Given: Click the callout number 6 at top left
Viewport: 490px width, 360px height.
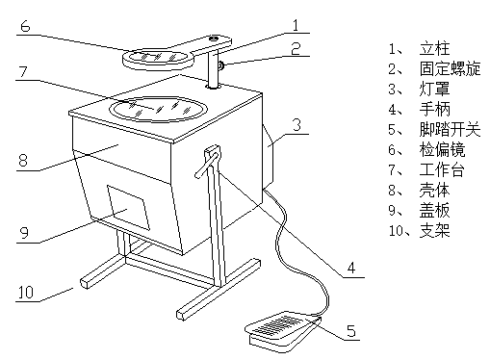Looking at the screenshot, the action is [x=25, y=26].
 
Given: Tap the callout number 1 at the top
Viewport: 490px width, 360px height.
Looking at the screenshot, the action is [x=296, y=25].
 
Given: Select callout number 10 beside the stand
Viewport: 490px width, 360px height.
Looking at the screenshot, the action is [x=25, y=293].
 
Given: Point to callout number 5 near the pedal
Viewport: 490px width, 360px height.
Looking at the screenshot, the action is [x=351, y=331].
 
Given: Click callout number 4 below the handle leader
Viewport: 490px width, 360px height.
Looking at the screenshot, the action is [x=351, y=268].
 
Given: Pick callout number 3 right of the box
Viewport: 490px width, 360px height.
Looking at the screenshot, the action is [x=297, y=124].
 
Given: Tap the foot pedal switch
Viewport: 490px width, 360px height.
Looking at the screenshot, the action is [x=284, y=330].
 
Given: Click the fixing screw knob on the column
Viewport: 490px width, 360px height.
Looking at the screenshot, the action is [x=220, y=65].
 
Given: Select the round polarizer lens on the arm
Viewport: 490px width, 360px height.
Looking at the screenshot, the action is [x=158, y=59].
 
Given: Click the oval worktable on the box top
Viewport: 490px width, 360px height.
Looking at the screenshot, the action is [x=158, y=109].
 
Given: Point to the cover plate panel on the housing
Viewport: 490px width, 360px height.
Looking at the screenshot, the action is [x=128, y=207].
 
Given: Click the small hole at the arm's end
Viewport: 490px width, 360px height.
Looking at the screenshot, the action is [x=214, y=39].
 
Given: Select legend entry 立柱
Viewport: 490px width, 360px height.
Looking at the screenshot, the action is [x=435, y=48].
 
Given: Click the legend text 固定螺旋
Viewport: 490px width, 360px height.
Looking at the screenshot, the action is [x=451, y=68].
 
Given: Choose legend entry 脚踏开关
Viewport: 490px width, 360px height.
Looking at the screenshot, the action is [x=451, y=129].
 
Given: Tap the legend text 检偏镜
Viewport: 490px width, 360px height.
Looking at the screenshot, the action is [x=442, y=149].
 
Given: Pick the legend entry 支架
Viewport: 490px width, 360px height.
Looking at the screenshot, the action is [x=435, y=230].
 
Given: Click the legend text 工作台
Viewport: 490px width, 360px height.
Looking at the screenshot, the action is [x=442, y=169].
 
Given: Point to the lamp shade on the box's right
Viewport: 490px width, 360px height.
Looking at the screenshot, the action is [x=269, y=157].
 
